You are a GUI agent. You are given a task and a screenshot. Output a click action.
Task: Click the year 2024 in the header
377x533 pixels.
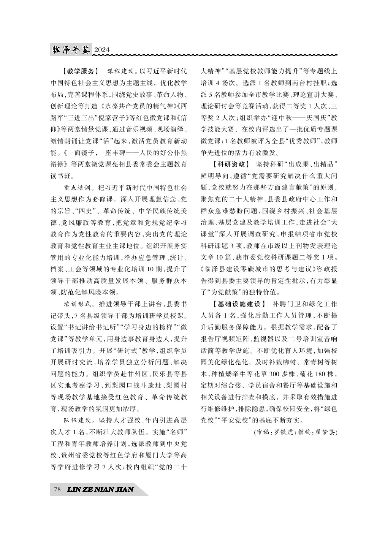coord(101,50)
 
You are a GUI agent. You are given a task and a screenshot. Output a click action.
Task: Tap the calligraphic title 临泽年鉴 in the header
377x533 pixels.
coord(71,50)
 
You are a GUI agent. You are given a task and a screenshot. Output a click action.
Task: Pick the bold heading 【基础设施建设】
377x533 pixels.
coord(236,304)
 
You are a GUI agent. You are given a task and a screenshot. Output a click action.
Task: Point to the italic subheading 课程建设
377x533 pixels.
coord(121,71)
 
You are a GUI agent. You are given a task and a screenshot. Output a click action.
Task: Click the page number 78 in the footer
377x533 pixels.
coord(57,489)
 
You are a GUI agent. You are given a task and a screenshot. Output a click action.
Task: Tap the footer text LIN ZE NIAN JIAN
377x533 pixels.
coord(100,489)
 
